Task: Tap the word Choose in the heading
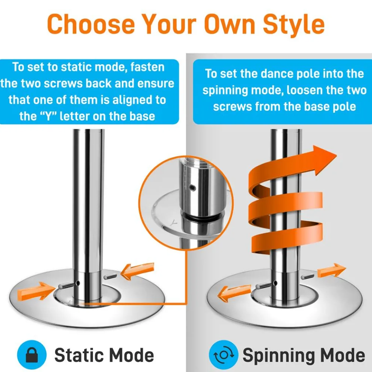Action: click(91, 24)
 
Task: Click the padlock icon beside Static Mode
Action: click(32, 355)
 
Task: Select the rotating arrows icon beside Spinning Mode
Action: click(224, 355)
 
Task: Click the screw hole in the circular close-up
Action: click(193, 188)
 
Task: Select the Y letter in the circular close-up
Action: click(174, 222)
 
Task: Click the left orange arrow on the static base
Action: click(36, 291)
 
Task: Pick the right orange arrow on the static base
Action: click(138, 271)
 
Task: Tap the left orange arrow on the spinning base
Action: click(234, 293)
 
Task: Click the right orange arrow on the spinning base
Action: click(331, 270)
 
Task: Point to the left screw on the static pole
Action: click(67, 286)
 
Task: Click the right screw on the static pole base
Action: click(110, 277)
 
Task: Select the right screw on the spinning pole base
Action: click(307, 277)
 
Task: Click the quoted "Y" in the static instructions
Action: click(48, 116)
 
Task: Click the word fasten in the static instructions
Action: click(147, 67)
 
